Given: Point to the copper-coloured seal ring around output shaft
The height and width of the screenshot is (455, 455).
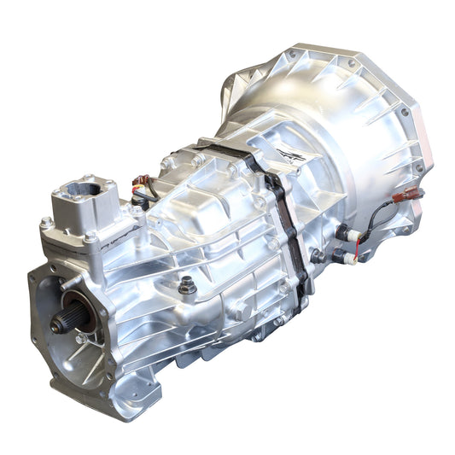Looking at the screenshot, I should (79, 317).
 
